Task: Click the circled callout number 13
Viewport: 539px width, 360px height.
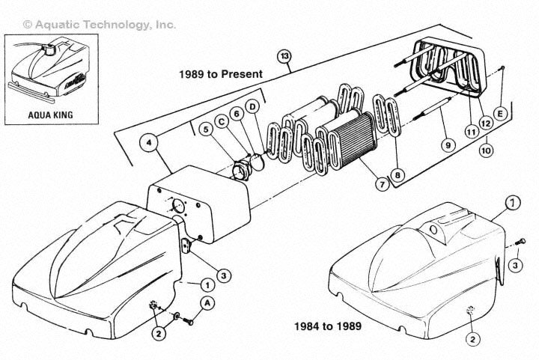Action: pos(284,56)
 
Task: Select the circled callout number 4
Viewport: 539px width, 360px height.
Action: pos(148,142)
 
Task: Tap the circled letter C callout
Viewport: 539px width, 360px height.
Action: pos(222,122)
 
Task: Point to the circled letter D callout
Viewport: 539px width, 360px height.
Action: pos(253,107)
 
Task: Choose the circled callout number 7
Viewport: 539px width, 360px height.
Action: pos(382,184)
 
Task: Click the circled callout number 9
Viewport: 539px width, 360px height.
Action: pos(448,145)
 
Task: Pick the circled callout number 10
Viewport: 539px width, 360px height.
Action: pos(486,150)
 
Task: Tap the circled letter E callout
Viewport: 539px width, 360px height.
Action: pos(500,113)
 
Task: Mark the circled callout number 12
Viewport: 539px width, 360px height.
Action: pos(485,123)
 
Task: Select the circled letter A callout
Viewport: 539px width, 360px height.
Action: pos(207,303)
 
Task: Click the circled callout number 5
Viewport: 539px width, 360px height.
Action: pos(206,129)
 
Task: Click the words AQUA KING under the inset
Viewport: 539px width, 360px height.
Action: pos(51,115)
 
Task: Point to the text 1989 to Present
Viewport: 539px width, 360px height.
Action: pos(221,74)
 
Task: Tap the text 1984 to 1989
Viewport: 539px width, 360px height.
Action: pos(328,326)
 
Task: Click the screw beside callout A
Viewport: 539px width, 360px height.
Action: pos(188,322)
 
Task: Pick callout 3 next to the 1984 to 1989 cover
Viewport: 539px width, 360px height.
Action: pos(515,265)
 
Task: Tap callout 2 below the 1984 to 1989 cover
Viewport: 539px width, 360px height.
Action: pos(472,339)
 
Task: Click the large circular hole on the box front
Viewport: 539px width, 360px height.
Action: pos(178,205)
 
